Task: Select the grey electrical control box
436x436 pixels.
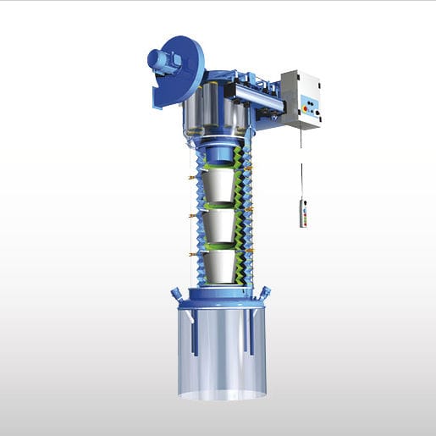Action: point(302,98)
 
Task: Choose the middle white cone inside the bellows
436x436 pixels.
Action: point(220,225)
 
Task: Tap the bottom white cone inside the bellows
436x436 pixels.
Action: point(220,266)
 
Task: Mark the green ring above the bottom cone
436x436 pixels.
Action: point(220,246)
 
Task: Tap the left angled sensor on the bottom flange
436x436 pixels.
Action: point(175,293)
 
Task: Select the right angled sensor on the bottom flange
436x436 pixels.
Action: point(266,293)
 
